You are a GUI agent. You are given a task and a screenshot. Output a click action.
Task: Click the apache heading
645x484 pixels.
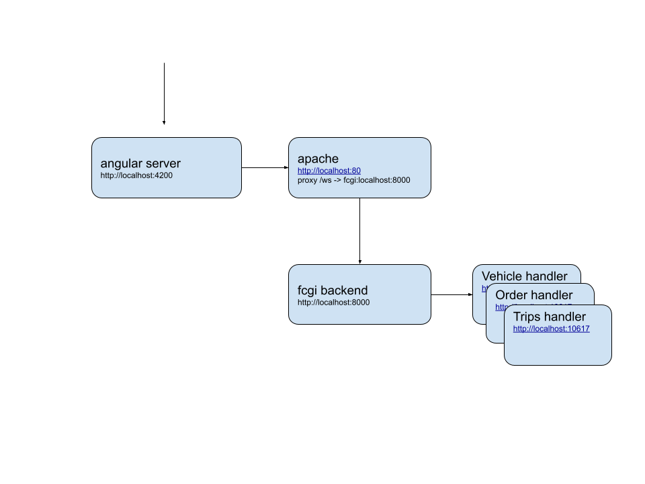(x=318, y=159)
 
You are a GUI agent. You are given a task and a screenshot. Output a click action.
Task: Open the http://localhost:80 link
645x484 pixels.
(x=329, y=171)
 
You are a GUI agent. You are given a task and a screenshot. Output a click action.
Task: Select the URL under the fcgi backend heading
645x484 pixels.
(x=333, y=302)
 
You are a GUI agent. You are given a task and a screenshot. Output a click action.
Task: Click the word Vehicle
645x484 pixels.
(x=502, y=276)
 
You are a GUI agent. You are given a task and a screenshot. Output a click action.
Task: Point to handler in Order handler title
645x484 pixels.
(x=552, y=295)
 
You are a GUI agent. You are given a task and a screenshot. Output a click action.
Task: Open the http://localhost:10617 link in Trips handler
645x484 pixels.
(x=551, y=329)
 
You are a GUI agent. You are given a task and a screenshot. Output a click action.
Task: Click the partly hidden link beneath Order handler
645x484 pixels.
(x=501, y=308)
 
